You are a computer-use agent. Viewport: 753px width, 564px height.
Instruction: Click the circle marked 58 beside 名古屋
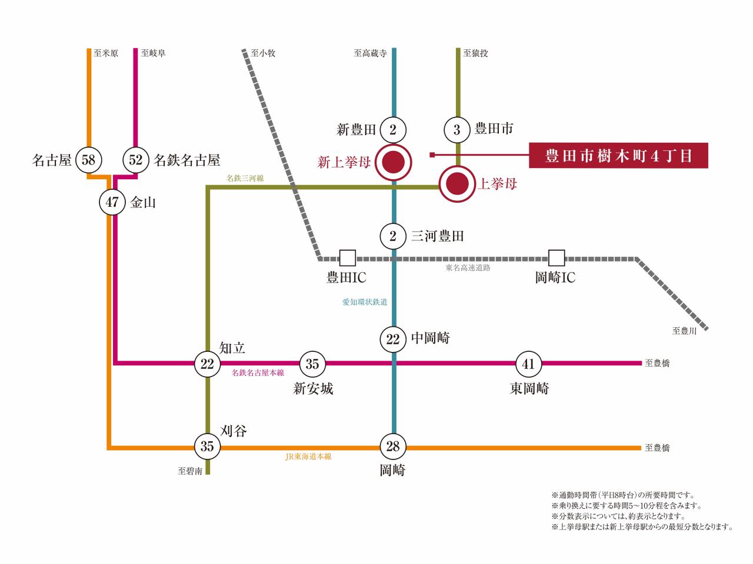pyautogui.click(x=88, y=160)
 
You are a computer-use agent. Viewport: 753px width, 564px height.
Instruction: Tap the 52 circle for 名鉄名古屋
pyautogui.click(x=136, y=160)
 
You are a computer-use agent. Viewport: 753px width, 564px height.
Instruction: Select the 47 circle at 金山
pyautogui.click(x=112, y=203)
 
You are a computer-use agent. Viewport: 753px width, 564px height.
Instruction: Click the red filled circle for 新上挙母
pyautogui.click(x=393, y=162)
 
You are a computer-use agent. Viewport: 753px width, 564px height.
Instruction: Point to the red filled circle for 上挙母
pyautogui.click(x=457, y=184)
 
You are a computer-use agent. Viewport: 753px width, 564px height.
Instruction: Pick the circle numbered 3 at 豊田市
pyautogui.click(x=457, y=129)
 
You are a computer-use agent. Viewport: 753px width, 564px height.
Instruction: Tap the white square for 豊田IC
pyautogui.click(x=348, y=258)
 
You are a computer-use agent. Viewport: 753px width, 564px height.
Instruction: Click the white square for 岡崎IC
pyautogui.click(x=556, y=258)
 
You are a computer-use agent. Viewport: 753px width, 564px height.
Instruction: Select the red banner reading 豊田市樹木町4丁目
pyautogui.click(x=618, y=156)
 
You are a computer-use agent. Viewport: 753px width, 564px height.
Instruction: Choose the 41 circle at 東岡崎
pyautogui.click(x=528, y=364)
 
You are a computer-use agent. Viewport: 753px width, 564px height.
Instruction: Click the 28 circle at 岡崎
pyautogui.click(x=393, y=446)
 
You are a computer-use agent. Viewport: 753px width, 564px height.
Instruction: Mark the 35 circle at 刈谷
pyautogui.click(x=207, y=446)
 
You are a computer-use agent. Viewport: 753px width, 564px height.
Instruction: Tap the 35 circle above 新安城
pyautogui.click(x=312, y=364)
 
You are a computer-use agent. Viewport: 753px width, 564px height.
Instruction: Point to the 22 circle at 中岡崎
pyautogui.click(x=393, y=339)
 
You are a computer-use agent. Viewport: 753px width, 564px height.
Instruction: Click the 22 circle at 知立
pyautogui.click(x=207, y=364)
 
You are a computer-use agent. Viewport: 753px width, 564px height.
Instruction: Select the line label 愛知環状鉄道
pyautogui.click(x=365, y=302)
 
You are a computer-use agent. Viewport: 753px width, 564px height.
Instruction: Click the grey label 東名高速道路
pyautogui.click(x=468, y=268)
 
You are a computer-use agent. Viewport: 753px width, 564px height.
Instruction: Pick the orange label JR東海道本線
pyautogui.click(x=308, y=456)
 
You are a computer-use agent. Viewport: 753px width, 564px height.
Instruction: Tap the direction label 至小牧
pyautogui.click(x=263, y=53)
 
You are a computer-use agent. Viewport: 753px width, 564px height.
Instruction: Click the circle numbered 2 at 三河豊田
pyautogui.click(x=393, y=236)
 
